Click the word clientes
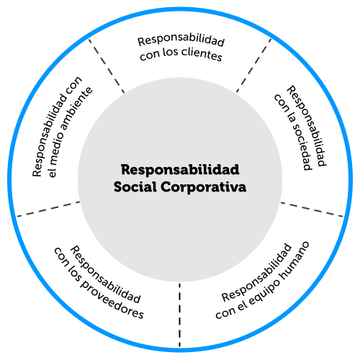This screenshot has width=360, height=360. click(x=202, y=54)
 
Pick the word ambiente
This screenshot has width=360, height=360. click(x=77, y=109)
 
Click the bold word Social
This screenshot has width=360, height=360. click(x=135, y=186)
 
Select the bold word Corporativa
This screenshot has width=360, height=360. click(x=204, y=187)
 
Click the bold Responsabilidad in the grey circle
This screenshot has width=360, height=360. click(x=180, y=170)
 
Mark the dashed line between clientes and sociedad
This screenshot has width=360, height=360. click(x=253, y=66)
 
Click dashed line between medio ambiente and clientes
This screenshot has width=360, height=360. click(x=107, y=66)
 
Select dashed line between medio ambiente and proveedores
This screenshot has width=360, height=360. click(x=48, y=209)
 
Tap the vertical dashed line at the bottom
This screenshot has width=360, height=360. click(x=179, y=315)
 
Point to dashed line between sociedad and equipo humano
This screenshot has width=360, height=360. click(x=312, y=210)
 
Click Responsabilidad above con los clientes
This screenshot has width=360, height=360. click(x=181, y=40)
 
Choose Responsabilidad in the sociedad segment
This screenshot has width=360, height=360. click(x=307, y=125)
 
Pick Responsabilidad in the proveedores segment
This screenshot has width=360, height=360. click(x=105, y=274)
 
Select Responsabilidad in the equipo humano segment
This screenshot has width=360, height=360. click(x=256, y=272)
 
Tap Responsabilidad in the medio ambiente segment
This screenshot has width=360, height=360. click(x=57, y=127)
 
